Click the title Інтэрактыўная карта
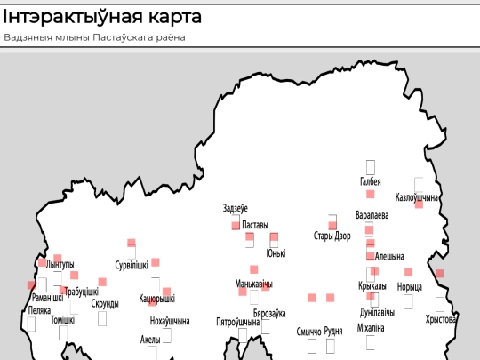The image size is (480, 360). tap(102, 17)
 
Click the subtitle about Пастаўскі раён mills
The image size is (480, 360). tap(100, 37)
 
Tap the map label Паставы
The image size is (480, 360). tap(255, 226)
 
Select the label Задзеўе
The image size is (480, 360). tap(236, 209)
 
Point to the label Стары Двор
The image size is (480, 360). tap(332, 236)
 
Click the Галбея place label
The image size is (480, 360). tap(371, 182)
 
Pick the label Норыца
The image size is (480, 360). tap(410, 286)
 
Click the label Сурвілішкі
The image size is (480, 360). tap(132, 265)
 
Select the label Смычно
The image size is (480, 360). tap(308, 332)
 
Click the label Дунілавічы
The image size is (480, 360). tap(377, 313)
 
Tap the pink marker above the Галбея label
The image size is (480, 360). tap(371, 194)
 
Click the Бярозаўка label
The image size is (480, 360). tap(269, 314)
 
